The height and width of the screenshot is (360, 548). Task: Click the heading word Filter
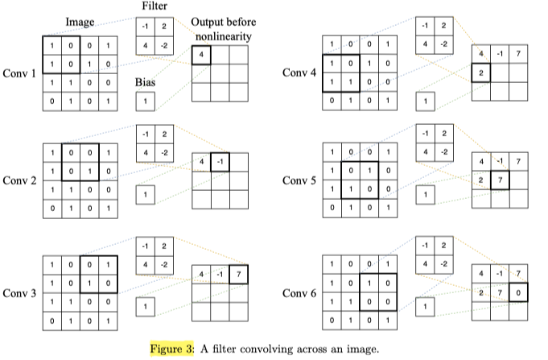tap(154, 6)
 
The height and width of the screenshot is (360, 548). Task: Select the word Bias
tap(146, 82)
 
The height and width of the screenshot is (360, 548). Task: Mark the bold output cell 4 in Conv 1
tap(201, 55)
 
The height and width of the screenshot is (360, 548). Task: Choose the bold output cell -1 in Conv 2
tap(220, 163)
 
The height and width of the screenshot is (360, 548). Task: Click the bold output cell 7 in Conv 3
tap(238, 275)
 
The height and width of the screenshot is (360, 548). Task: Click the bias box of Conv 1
tap(145, 101)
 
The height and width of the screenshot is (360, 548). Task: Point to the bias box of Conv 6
tap(425, 308)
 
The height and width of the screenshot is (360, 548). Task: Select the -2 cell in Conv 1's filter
tap(163, 46)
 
